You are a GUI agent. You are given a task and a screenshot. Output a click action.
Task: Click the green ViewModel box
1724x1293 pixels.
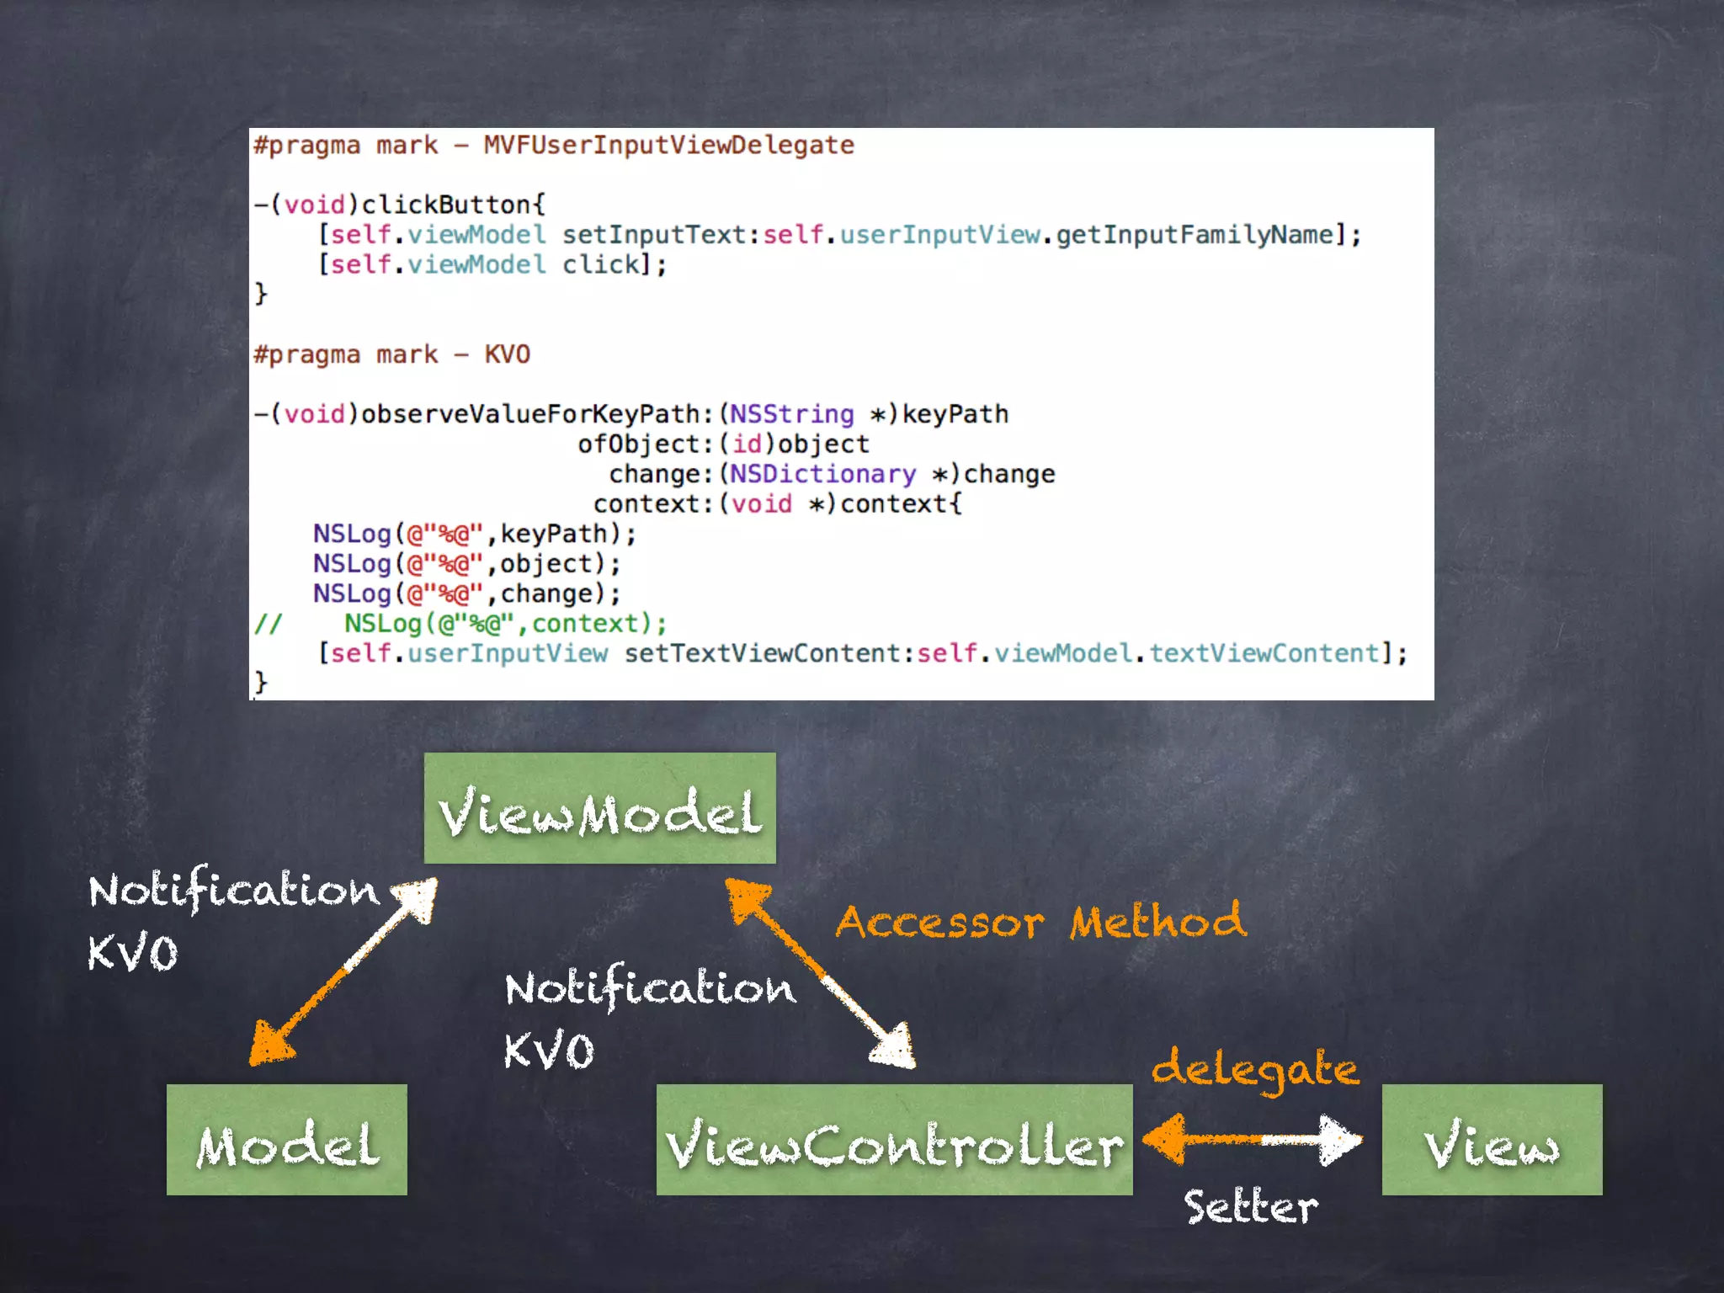click(x=599, y=808)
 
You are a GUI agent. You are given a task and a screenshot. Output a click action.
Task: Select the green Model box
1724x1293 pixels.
click(x=286, y=1140)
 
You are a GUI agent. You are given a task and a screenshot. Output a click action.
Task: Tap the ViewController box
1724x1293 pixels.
click(x=894, y=1140)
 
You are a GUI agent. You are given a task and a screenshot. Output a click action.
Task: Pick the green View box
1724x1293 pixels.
click(x=1492, y=1140)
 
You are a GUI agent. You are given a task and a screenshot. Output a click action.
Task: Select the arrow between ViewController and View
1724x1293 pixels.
click(x=1253, y=1139)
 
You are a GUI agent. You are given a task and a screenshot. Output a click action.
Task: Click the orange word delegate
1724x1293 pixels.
click(x=1254, y=1069)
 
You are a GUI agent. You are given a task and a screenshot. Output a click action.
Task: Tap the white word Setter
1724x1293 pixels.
click(x=1251, y=1206)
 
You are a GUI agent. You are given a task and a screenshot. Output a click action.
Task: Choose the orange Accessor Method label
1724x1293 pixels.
click(x=1040, y=921)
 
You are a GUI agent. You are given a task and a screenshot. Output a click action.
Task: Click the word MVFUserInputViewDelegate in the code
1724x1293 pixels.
click(x=668, y=145)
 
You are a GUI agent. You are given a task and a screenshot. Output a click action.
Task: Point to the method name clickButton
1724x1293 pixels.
click(x=446, y=205)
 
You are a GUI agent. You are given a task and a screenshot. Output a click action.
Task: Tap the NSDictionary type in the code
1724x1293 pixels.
click(x=822, y=474)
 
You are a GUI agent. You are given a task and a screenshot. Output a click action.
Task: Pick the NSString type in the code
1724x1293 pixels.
click(x=791, y=414)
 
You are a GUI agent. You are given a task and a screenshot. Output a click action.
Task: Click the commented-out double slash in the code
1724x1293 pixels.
click(x=268, y=624)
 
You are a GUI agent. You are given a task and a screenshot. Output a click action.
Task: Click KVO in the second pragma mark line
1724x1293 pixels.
click(x=507, y=354)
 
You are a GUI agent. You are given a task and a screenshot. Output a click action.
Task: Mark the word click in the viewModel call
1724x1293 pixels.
click(x=600, y=265)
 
